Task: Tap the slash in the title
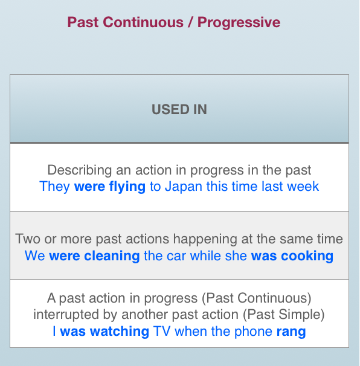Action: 190,22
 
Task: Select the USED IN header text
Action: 179,109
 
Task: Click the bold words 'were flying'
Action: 110,187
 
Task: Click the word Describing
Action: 80,170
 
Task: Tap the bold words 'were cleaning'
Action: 94,256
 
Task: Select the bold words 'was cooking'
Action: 292,256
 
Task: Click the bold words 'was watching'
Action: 104,332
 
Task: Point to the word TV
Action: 161,332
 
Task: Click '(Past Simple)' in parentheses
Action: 284,315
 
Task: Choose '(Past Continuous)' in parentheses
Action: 257,298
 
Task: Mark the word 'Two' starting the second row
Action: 28,239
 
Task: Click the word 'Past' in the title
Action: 83,22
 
